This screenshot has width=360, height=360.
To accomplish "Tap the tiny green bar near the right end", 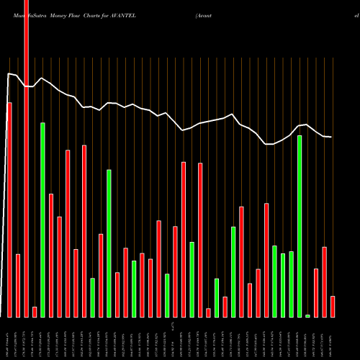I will click(307, 315).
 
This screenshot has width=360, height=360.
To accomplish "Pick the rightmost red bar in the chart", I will click(333, 306).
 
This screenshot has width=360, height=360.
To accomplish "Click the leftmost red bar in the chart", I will click(9, 209).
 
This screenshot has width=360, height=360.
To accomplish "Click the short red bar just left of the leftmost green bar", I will click(35, 311).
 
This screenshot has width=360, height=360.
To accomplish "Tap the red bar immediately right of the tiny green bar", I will click(316, 292).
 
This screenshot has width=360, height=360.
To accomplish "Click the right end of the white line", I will click(331, 137).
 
